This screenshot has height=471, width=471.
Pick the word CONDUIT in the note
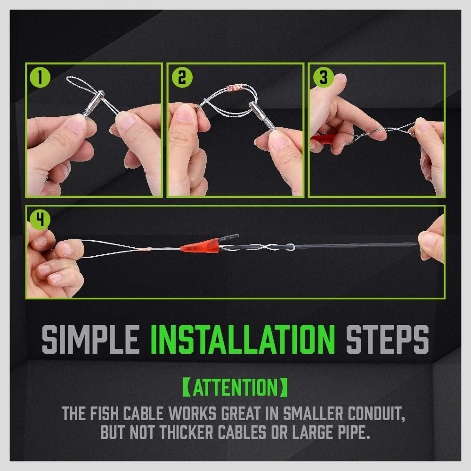[376, 414]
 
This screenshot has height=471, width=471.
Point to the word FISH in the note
[103, 414]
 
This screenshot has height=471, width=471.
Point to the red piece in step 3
[318, 140]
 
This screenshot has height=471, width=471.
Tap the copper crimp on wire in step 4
[141, 248]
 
